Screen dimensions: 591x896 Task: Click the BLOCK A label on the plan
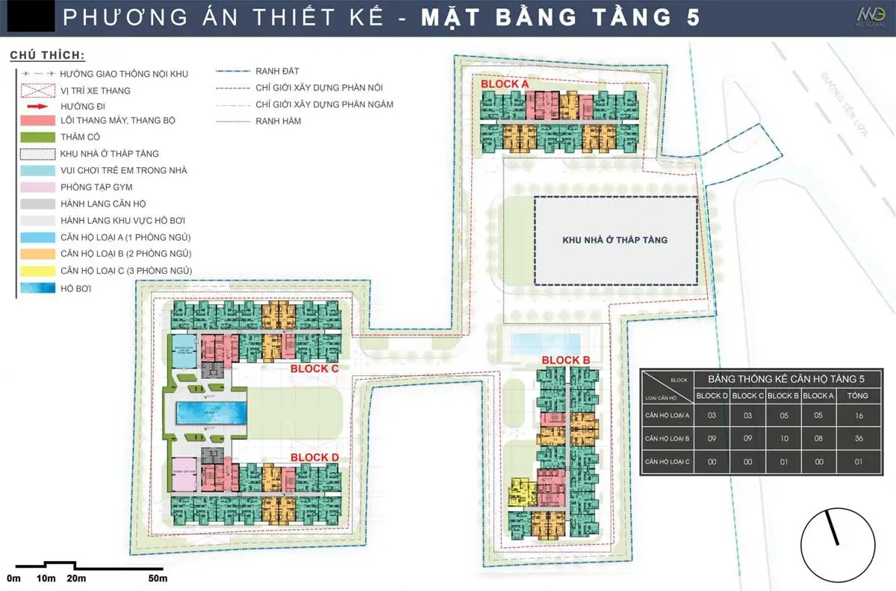[505, 85]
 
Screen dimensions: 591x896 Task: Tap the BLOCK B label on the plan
[566, 360]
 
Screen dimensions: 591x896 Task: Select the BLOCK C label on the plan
[314, 369]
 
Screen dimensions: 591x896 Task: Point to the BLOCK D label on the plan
[314, 457]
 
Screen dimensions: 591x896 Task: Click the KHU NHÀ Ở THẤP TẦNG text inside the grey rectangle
[615, 240]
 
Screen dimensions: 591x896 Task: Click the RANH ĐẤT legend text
[277, 71]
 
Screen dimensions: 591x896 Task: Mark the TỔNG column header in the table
[858, 395]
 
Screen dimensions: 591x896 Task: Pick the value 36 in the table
[858, 439]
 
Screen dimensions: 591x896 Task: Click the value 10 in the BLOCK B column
[783, 439]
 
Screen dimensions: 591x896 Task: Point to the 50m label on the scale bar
[157, 578]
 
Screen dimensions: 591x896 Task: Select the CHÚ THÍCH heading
[47, 56]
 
